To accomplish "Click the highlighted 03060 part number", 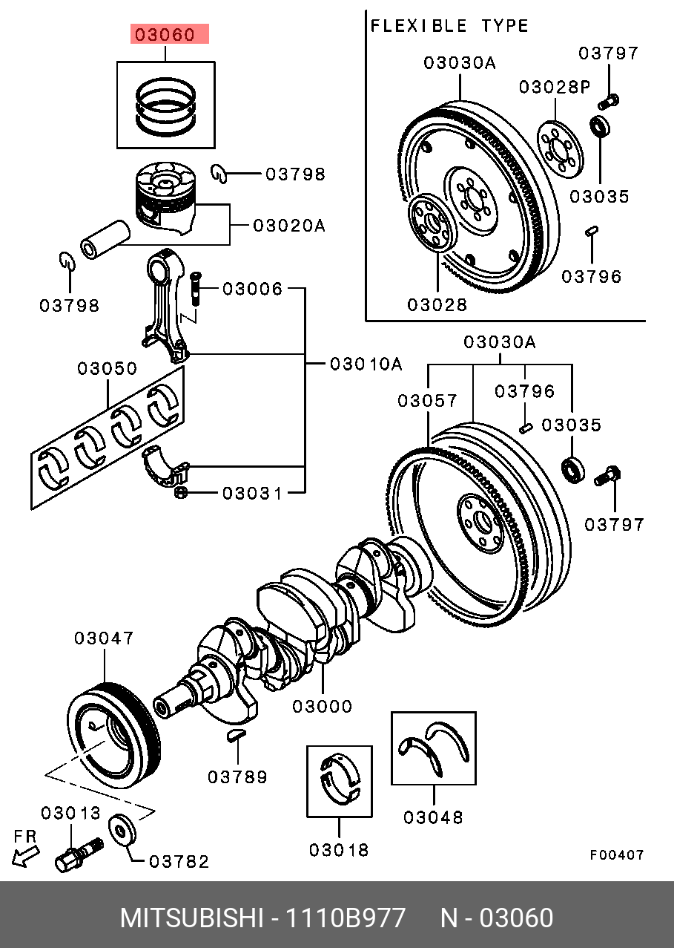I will point(170,34).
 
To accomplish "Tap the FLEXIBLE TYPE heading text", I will point(449,27).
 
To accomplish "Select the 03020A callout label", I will point(289,225).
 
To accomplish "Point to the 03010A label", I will point(366,364).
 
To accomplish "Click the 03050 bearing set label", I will point(107,369).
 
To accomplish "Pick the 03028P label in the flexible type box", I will point(554,87).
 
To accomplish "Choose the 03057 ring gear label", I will point(428,401).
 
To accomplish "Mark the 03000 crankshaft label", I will point(322,707).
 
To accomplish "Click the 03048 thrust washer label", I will point(434,817).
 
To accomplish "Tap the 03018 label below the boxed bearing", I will point(339,850).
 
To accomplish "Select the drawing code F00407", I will point(617,855).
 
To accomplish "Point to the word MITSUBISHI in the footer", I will point(191,918).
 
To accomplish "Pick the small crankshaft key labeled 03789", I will point(235,736).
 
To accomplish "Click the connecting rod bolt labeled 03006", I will point(195,288).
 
